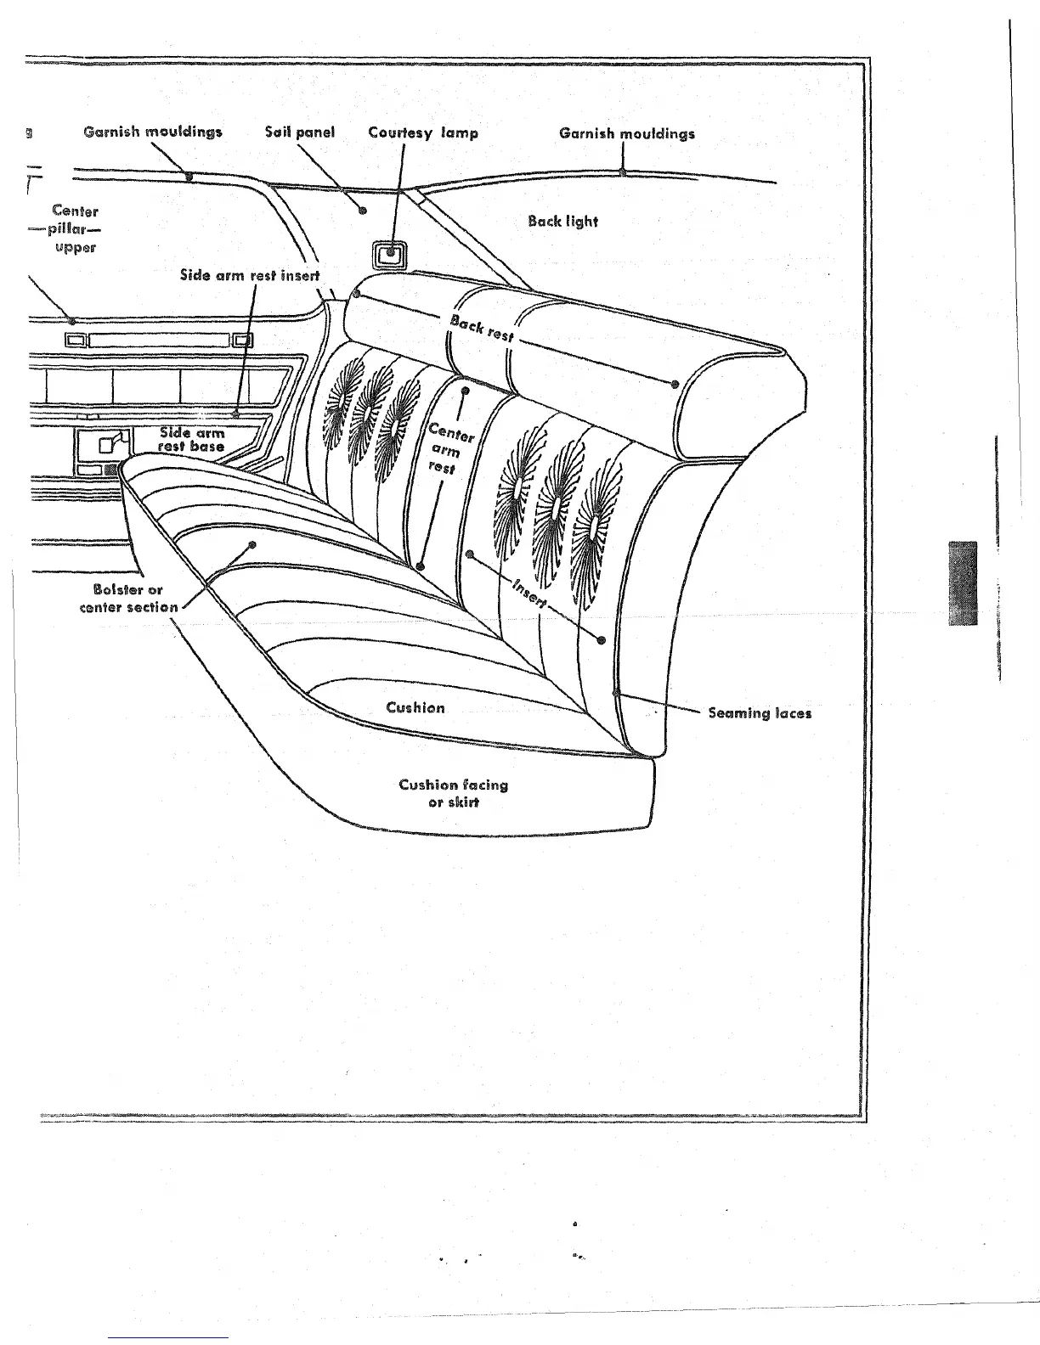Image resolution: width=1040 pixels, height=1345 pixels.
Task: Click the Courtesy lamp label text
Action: point(423,132)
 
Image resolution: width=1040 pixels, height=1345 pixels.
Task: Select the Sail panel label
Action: point(300,132)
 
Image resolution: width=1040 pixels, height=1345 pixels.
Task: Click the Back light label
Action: point(562,222)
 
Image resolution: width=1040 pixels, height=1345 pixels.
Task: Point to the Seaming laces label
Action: point(760,712)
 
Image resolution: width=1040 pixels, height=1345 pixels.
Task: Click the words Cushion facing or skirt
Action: point(454,793)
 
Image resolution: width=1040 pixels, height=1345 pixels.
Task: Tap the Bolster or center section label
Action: point(128,598)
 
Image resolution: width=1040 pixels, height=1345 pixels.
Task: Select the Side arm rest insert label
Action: point(250,275)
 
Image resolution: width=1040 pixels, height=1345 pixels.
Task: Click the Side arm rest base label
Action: point(193,439)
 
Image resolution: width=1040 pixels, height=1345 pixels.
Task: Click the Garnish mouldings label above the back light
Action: point(627,133)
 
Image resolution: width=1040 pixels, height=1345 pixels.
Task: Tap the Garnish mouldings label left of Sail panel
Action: point(153,132)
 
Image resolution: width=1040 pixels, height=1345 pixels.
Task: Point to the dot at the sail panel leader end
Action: point(363,210)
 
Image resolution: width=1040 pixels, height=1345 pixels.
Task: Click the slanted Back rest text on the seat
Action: point(482,328)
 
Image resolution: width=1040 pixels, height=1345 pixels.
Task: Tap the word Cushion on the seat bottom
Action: point(415,707)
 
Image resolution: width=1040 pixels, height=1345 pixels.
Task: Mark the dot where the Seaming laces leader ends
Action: point(615,694)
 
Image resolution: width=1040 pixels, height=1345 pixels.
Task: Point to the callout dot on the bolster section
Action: point(252,544)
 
